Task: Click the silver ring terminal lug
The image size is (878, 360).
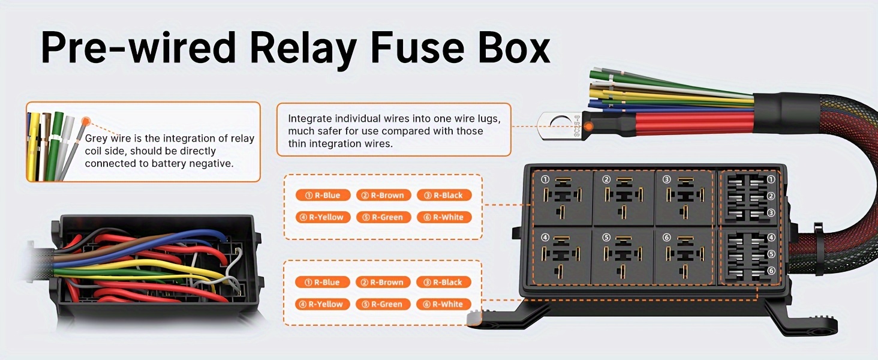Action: point(561,126)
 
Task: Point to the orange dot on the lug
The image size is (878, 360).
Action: point(589,127)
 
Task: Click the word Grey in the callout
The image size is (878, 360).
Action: point(97,139)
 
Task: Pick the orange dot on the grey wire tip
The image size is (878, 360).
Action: point(86,121)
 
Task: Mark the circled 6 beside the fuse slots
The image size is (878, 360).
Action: point(771,271)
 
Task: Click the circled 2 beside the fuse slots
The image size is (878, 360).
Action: point(771,196)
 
